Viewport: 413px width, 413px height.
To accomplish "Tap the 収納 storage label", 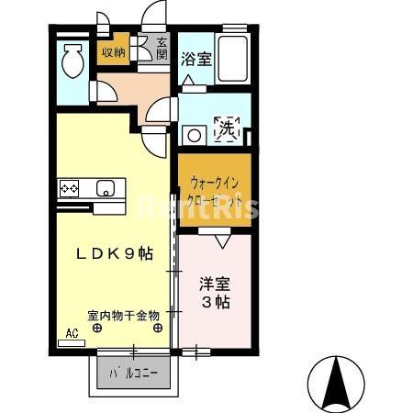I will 114,52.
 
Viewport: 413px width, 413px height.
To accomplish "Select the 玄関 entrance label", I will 162,48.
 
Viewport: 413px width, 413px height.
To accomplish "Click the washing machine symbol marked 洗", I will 226,130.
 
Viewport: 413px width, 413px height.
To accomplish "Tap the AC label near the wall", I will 72,334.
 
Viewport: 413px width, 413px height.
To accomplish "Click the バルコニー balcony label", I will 134,374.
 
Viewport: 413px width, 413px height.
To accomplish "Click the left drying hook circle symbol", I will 95,327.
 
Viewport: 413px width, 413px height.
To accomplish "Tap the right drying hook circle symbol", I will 158,327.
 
